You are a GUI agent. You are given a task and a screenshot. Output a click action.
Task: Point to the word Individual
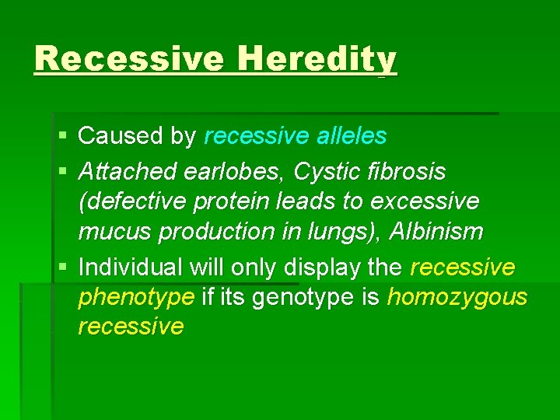(132, 268)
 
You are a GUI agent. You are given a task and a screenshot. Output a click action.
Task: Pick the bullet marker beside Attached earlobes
(62, 171)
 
